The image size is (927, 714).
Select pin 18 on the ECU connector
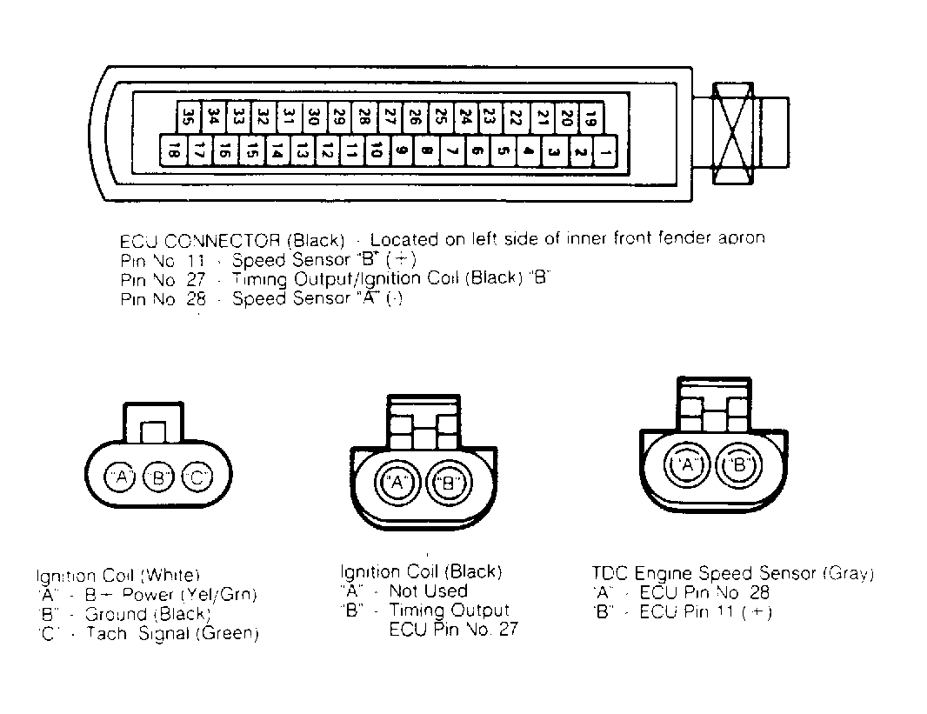tap(172, 153)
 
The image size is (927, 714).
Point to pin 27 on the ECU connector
tap(390, 115)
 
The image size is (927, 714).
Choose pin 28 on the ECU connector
tap(365, 115)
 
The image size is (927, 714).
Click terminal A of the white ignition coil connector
tap(121, 477)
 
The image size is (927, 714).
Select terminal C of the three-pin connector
tap(197, 477)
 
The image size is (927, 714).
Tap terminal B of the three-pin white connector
tap(159, 477)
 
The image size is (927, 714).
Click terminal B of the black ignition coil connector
tap(449, 482)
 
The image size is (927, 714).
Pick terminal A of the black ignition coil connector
tap(397, 482)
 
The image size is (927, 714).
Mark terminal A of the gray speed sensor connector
tap(688, 465)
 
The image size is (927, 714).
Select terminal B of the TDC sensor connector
tap(739, 465)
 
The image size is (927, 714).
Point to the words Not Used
tap(428, 591)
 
